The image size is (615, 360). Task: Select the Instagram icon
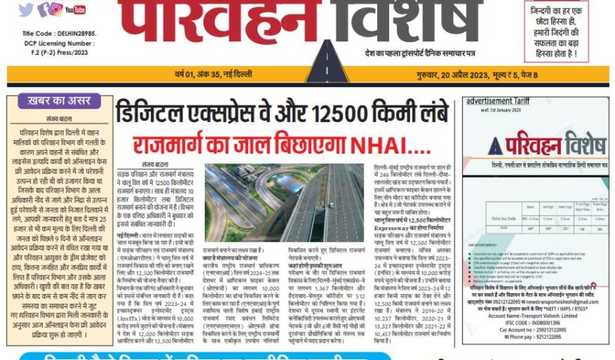click(x=56, y=9)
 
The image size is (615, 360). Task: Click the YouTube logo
click(x=75, y=10)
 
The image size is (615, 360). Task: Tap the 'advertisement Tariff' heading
click(x=496, y=100)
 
